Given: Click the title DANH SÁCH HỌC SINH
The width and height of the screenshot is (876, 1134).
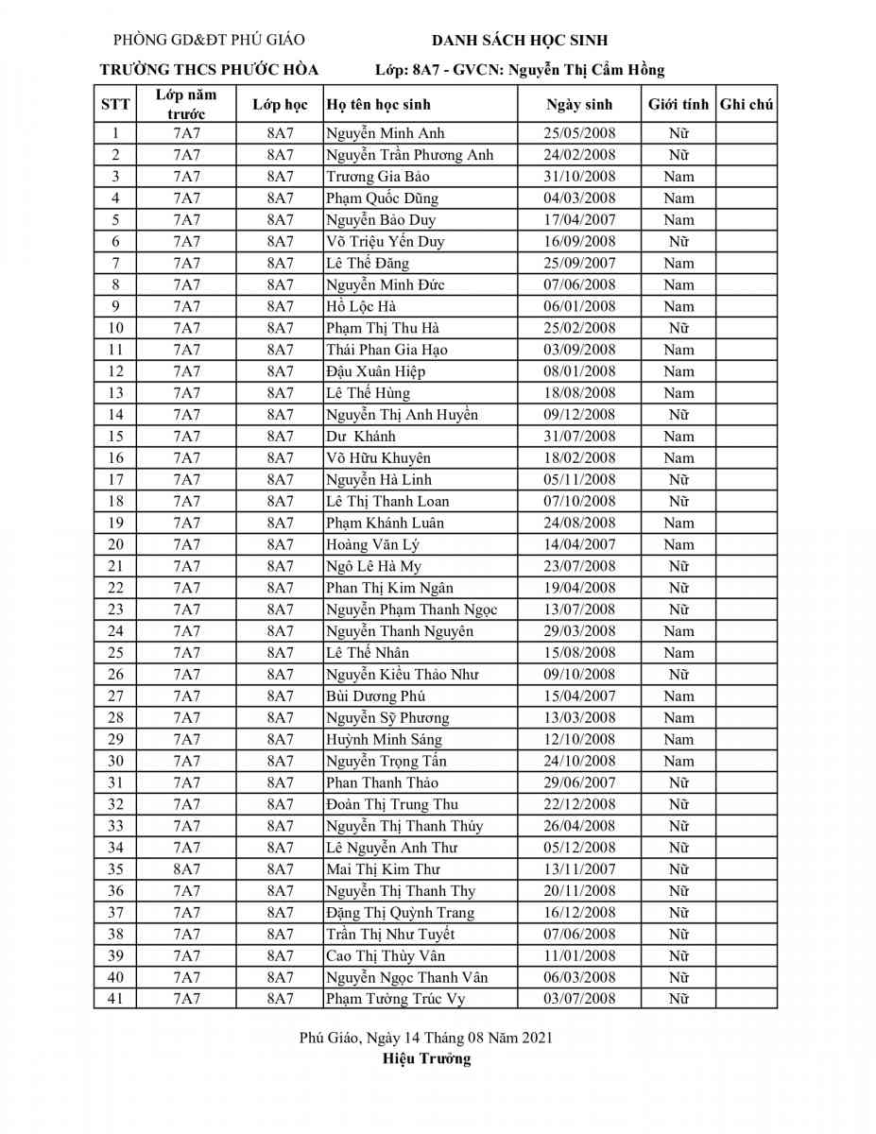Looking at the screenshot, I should pos(520,40).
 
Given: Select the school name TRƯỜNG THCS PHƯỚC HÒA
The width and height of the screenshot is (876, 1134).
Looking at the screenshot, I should pos(209,69).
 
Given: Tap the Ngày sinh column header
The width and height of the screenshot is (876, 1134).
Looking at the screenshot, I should pos(579,105).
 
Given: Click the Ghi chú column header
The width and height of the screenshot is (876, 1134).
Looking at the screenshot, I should pos(747,105).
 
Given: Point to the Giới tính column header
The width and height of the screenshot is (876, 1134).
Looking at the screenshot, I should pos(678,105).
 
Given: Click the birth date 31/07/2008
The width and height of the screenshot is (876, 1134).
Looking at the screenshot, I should pos(579,437).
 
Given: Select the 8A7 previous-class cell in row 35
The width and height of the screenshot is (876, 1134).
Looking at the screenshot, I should pos(186,869).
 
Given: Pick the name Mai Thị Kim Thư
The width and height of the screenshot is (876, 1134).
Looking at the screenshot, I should pos(383,869).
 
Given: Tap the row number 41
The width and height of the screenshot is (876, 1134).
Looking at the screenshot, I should pos(115,999).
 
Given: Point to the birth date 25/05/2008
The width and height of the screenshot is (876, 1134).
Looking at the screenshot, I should pos(579,133).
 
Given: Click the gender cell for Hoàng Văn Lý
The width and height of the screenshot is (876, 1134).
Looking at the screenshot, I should pos(678,544).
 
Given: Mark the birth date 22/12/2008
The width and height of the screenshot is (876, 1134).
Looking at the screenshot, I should pos(579,804).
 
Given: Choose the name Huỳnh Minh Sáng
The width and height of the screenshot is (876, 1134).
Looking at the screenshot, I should pos(384,740).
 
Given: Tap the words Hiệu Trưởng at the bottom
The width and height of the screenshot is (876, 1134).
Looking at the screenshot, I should pos(426,1058).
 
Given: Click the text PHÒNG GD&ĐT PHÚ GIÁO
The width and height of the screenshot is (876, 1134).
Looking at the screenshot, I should pos(209,40).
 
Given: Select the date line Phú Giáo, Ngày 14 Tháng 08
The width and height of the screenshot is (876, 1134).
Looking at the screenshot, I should pos(425,1038).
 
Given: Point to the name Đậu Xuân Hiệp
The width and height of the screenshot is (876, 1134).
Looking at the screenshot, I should pos(376,371).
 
